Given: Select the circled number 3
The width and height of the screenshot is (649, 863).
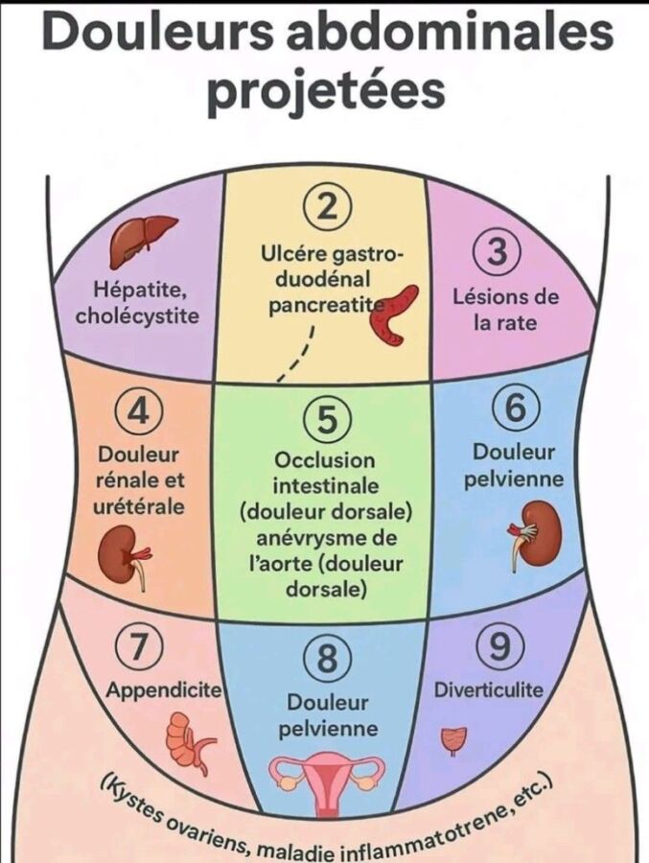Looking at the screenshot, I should point(497,252).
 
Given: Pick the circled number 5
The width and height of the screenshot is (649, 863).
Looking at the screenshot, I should point(327,420).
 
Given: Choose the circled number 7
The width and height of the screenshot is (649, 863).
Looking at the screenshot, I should point(138,649).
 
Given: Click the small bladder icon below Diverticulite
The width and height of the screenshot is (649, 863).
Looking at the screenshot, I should point(453,739).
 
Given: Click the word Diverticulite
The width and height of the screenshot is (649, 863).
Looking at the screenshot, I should point(489,689).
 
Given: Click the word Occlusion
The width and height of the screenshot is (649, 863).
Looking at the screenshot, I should point(325,460).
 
